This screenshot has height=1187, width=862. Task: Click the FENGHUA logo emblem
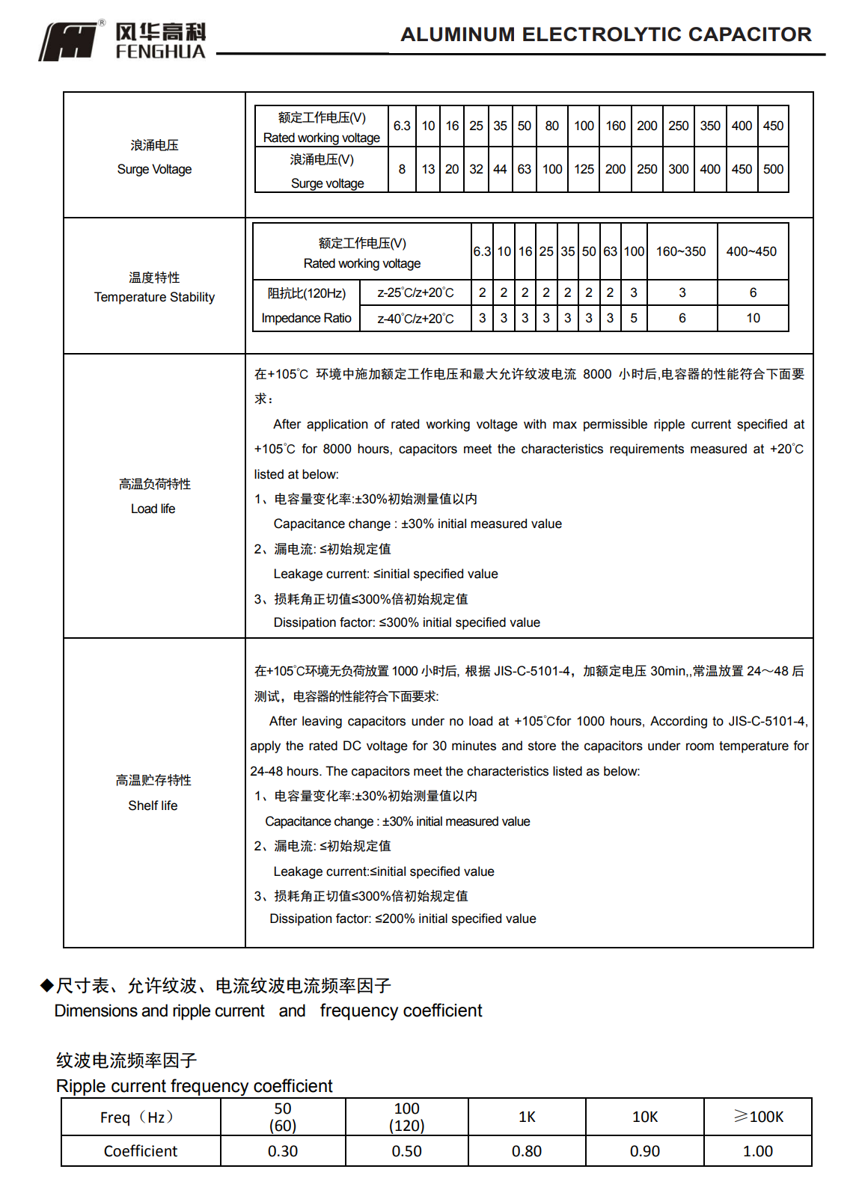(x=68, y=41)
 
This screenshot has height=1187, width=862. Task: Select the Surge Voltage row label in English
(x=154, y=169)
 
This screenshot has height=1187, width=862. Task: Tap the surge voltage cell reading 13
(x=428, y=169)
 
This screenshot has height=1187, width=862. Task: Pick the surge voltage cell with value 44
(x=500, y=169)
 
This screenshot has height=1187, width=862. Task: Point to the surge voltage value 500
(x=773, y=169)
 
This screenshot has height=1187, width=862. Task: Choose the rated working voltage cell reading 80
(x=552, y=126)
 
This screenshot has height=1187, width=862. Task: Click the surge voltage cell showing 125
(x=584, y=169)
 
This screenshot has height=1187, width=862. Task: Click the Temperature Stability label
(x=154, y=297)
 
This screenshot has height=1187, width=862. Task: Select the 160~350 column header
(x=681, y=251)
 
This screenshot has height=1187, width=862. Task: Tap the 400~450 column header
(x=751, y=251)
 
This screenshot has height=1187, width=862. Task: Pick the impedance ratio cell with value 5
(x=634, y=318)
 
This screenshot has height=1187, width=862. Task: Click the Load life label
(x=153, y=509)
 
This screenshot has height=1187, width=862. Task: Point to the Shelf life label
(x=153, y=806)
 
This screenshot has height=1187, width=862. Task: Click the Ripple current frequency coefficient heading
(x=194, y=1086)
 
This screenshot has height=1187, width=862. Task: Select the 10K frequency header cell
(x=644, y=1117)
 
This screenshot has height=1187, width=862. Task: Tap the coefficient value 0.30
(x=283, y=1151)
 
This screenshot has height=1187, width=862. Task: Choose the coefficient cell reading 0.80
(x=527, y=1151)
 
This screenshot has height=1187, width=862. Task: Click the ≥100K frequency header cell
(x=758, y=1117)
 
